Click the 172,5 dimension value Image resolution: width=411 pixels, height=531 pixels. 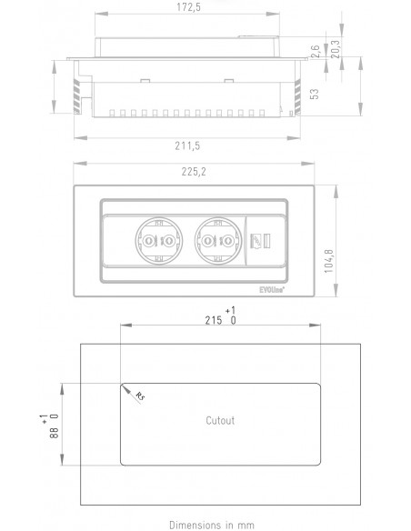[x=188, y=7]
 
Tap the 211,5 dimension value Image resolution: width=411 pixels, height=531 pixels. [x=187, y=146]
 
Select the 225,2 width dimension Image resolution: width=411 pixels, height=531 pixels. [x=194, y=172]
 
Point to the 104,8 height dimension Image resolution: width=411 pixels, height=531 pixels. [x=329, y=261]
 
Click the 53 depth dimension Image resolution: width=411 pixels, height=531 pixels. [x=315, y=94]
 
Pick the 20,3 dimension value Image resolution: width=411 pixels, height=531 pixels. [x=336, y=49]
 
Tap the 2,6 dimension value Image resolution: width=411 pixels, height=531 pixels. [x=316, y=52]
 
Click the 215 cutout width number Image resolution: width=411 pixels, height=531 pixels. [x=214, y=320]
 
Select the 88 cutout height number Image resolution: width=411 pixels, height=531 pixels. [x=55, y=433]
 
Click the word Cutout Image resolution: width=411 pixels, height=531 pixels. [x=220, y=421]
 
